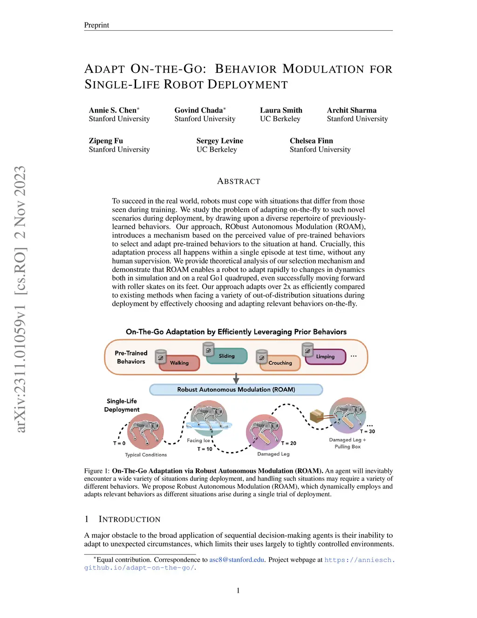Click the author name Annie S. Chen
(113, 111)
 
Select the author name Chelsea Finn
(311, 141)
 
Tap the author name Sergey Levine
(219, 141)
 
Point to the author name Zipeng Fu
(106, 141)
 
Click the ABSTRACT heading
(238, 181)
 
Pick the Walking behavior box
(179, 363)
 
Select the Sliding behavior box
(227, 356)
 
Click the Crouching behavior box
(280, 363)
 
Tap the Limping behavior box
(326, 357)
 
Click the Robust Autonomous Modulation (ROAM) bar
(236, 389)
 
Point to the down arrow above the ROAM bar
(236, 378)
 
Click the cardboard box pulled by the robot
(317, 415)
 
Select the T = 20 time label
(289, 443)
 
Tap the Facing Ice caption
(198, 440)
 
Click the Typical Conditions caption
(146, 455)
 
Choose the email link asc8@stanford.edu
(237, 560)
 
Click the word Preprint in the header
(96, 25)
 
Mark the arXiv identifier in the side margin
(20, 299)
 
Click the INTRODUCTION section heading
(129, 520)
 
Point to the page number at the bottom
(238, 590)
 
